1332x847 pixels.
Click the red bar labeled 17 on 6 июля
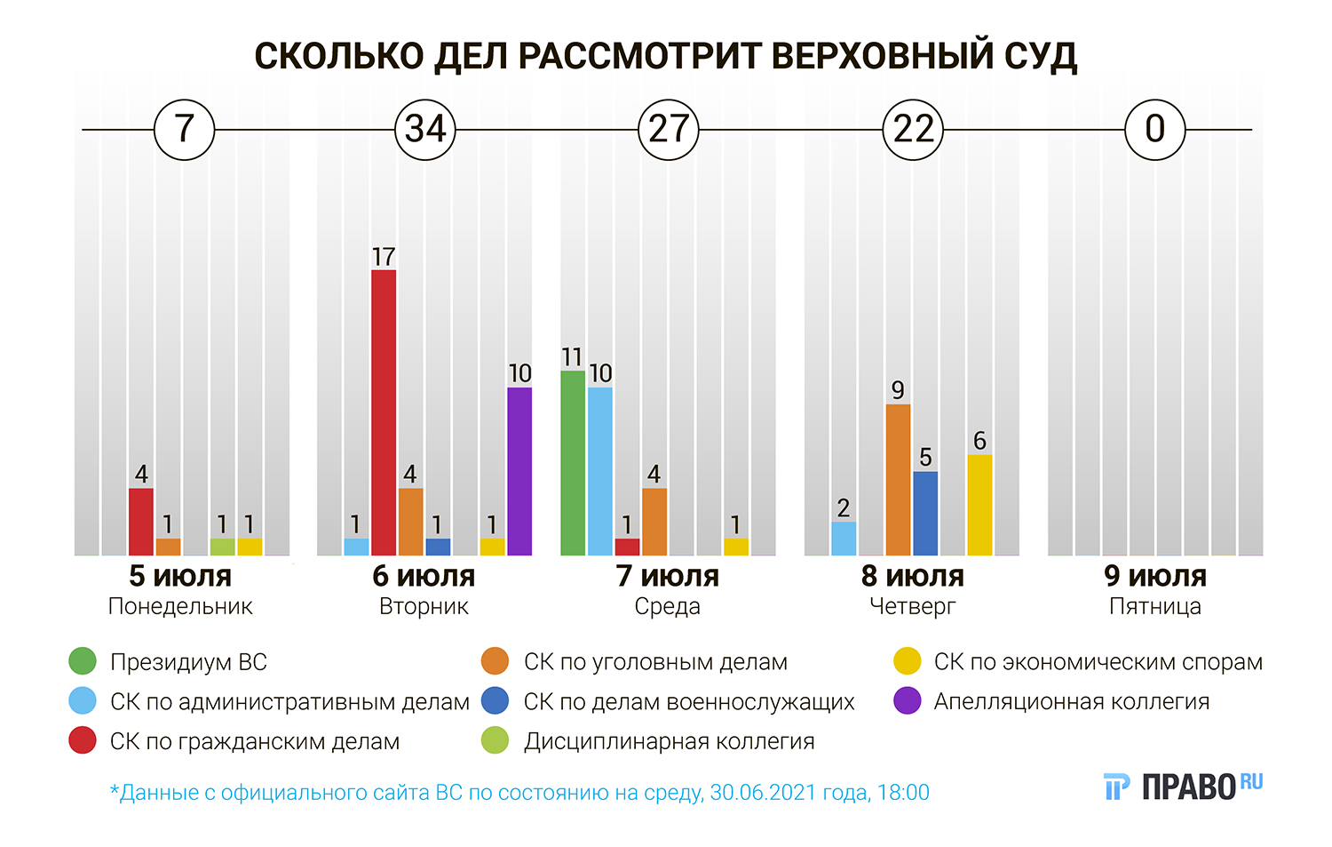pos(384,412)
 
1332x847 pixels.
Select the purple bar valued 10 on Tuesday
pos(519,471)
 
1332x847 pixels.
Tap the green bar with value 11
pos(573,463)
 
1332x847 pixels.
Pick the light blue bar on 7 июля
pos(600,471)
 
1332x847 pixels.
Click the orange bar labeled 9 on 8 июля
pos(898,480)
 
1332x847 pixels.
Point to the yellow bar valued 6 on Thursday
pos(979,505)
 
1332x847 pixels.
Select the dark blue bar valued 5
pos(925,513)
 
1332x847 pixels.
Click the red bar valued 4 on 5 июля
pos(141,522)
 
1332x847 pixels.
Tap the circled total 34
pos(425,130)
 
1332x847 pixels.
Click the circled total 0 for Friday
pos(1155,130)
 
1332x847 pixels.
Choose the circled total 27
pos(669,130)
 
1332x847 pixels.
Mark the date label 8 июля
pos(912,576)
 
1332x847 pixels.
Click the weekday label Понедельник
pos(180,607)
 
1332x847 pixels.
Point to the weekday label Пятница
pos(1155,607)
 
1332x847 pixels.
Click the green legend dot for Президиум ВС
pos(83,661)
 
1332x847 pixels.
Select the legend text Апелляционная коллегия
pos(1071,701)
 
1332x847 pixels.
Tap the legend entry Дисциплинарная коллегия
pos(669,741)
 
